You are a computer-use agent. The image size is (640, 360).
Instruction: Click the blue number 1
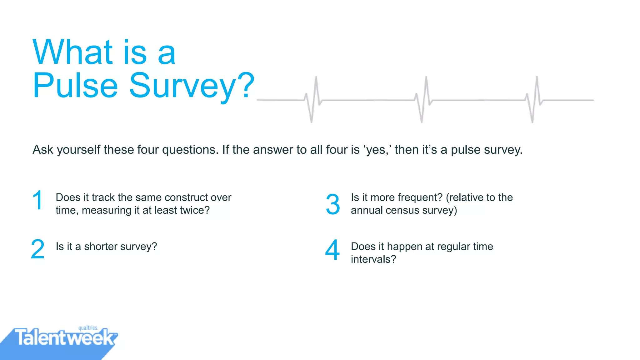[38, 200]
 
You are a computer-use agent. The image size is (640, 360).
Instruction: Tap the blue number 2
[38, 249]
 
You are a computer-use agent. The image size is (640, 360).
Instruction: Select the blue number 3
[333, 204]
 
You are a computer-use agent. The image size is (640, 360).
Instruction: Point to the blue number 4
[332, 250]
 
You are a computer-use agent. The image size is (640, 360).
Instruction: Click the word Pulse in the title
[75, 85]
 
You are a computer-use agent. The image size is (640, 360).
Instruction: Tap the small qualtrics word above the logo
[88, 328]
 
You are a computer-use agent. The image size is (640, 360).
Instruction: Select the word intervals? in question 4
[373, 259]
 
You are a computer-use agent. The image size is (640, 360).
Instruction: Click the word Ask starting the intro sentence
[43, 150]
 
